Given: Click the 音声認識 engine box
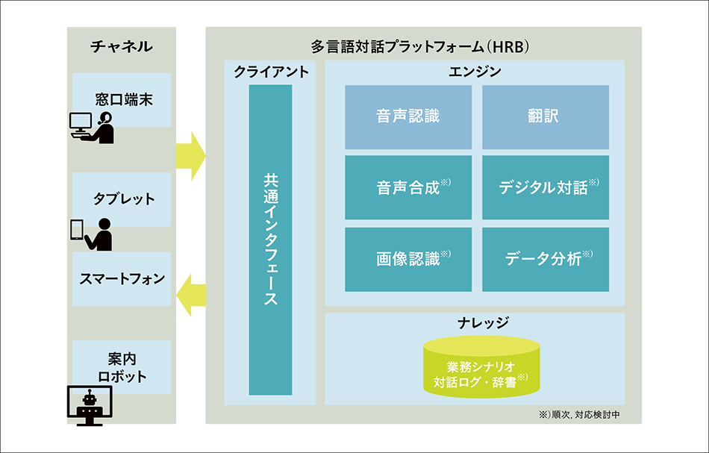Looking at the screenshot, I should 408,117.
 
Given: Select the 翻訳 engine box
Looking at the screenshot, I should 546,117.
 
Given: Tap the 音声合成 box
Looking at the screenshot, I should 408,187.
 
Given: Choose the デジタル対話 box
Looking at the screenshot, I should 546,187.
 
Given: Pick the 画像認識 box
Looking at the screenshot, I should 408,259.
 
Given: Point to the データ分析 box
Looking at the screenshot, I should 546,259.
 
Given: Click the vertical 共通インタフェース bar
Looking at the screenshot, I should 270,240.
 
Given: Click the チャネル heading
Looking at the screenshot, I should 122,46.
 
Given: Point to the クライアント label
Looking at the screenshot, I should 270,72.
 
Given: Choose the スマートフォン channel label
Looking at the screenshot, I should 122,278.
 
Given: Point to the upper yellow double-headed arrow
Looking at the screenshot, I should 190,155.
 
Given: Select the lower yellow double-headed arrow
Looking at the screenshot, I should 190,295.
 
